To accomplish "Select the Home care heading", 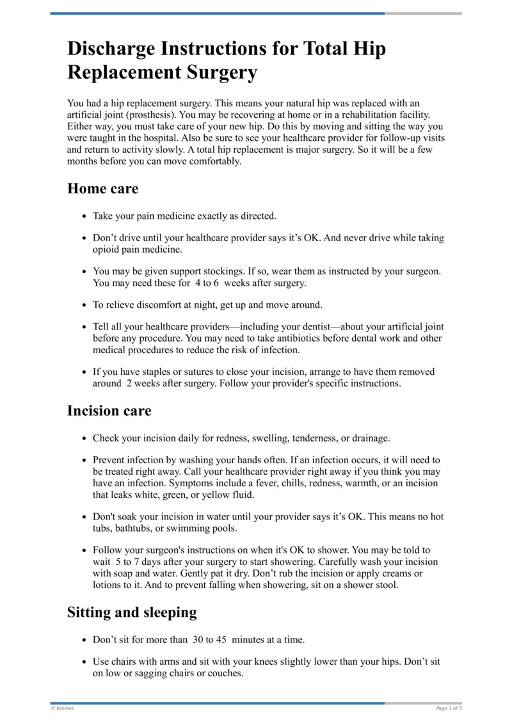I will tap(102, 189).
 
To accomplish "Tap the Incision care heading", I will tap(109, 411).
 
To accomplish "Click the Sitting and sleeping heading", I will tap(132, 612).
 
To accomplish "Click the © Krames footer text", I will tap(62, 708).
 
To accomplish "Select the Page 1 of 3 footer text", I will tap(449, 708).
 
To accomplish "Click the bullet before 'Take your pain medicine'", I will tap(84, 216).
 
